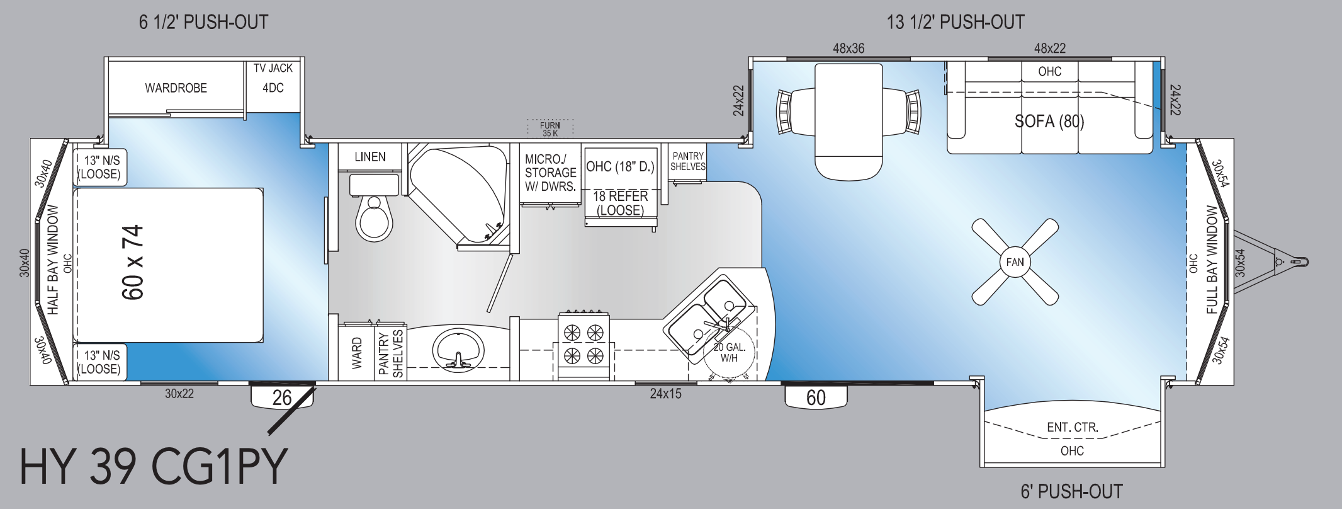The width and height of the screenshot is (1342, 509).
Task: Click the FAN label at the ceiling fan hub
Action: pyautogui.click(x=1015, y=262)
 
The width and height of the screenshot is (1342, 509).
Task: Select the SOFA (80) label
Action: pyautogui.click(x=1049, y=121)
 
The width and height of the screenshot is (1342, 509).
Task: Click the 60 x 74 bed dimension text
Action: pyautogui.click(x=133, y=262)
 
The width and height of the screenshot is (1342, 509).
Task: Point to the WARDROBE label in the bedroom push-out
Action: pyautogui.click(x=176, y=88)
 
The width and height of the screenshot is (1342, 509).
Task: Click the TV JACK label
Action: pyautogui.click(x=273, y=68)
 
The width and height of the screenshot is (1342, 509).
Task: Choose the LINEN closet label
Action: pyautogui.click(x=370, y=156)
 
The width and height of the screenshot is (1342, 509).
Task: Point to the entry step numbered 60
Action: pyautogui.click(x=815, y=397)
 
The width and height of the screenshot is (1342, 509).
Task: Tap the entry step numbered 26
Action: pyautogui.click(x=283, y=397)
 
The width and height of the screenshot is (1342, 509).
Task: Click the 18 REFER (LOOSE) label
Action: pyautogui.click(x=621, y=203)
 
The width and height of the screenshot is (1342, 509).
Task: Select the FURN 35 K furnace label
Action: pyautogui.click(x=550, y=129)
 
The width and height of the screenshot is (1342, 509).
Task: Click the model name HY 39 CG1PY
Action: pyautogui.click(x=154, y=467)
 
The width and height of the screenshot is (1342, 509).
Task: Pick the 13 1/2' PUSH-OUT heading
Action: pyautogui.click(x=956, y=23)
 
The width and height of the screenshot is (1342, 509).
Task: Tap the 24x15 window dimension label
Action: pyautogui.click(x=665, y=394)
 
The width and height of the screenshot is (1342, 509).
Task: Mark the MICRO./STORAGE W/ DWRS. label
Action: pyautogui.click(x=551, y=172)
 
